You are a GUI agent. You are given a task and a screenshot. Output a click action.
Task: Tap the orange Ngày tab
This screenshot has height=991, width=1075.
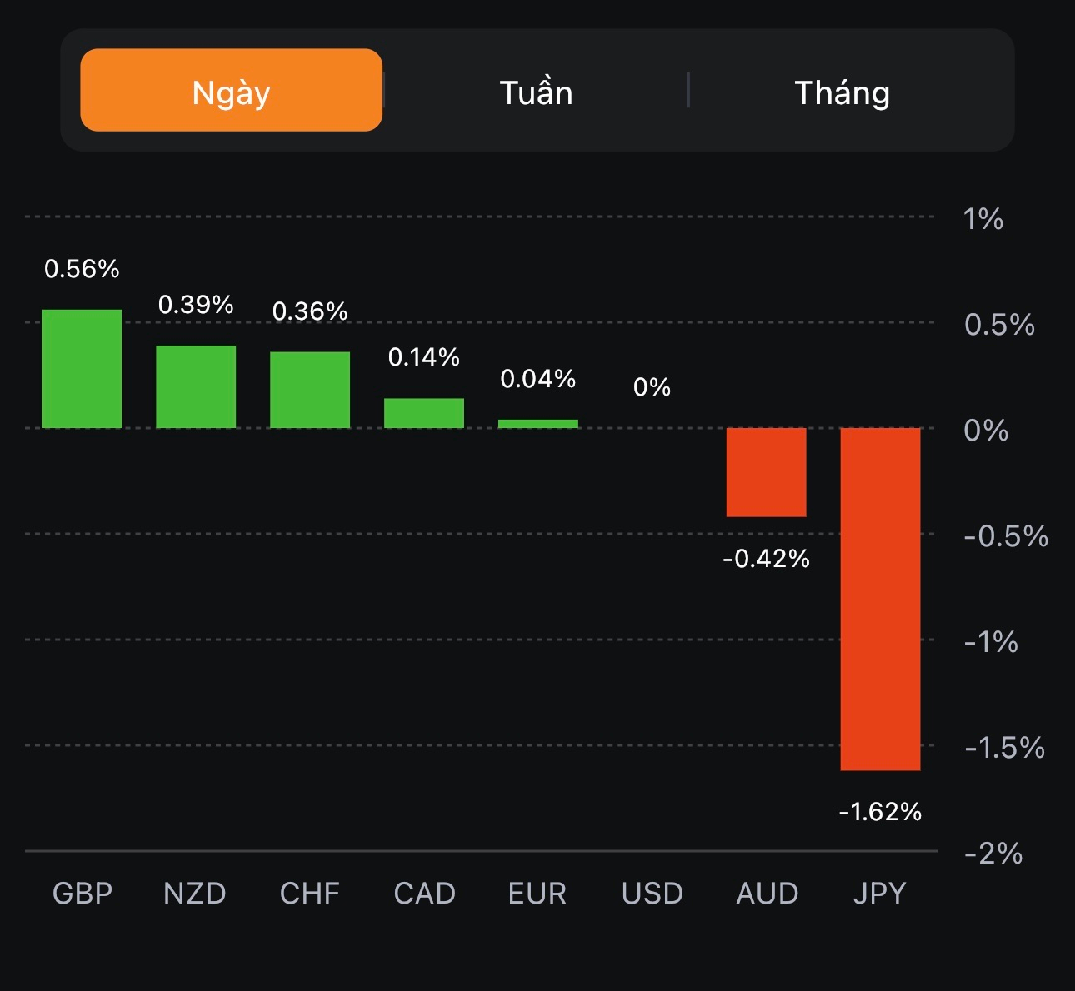[x=231, y=90]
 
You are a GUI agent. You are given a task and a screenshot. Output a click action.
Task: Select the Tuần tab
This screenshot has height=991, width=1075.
[x=536, y=92]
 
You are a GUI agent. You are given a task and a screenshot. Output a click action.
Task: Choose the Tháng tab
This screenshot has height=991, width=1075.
[x=842, y=92]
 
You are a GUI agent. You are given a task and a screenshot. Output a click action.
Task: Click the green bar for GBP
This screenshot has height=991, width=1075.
[x=82, y=369]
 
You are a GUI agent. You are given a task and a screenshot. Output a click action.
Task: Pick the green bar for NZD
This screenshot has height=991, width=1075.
[x=196, y=386]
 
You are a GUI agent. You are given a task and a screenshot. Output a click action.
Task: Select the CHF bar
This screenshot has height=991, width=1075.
[x=310, y=390]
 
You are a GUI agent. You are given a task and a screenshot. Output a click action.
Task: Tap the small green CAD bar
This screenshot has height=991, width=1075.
[x=424, y=413]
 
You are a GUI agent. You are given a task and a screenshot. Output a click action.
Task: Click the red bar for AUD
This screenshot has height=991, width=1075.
[x=766, y=472]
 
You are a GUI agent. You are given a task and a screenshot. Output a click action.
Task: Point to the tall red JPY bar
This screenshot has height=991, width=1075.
[x=880, y=599]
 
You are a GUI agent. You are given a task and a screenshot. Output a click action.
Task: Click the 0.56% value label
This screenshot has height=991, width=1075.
[x=82, y=269]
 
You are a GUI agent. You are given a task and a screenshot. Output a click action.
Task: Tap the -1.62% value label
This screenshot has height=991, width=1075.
[x=880, y=812]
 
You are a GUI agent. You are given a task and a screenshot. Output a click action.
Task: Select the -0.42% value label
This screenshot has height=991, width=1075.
[x=766, y=559]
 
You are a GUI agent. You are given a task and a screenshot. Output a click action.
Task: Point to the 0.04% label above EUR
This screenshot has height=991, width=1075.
[x=538, y=379]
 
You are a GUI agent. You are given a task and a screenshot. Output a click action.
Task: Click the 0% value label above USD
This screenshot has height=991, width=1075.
[x=652, y=387]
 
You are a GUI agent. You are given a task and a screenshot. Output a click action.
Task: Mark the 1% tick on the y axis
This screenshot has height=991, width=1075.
[x=982, y=219]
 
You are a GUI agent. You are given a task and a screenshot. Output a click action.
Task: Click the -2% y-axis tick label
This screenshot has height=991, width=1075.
[x=992, y=854]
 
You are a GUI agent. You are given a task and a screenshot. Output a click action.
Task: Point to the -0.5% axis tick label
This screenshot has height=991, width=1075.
[x=1005, y=536]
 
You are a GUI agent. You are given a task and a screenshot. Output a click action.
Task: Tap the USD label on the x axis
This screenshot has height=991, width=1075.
[x=652, y=894]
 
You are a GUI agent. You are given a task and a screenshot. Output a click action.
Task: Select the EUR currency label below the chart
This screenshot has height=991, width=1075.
[x=537, y=894]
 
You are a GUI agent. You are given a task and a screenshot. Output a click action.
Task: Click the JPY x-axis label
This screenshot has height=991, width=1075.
[x=879, y=894]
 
